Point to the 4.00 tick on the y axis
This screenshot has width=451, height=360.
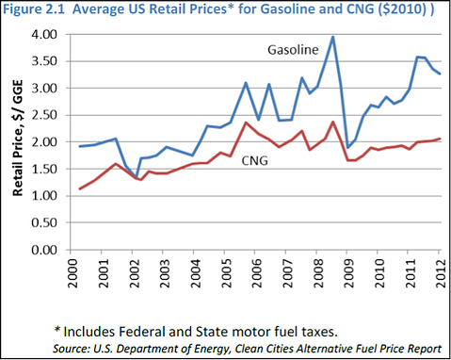(44, 35)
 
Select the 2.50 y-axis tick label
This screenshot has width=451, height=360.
(44, 115)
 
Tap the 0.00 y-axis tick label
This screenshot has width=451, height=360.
(44, 251)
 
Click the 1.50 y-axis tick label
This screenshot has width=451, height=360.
(44, 170)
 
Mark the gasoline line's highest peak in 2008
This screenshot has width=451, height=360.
(333, 38)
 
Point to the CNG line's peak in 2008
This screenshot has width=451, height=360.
(333, 122)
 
